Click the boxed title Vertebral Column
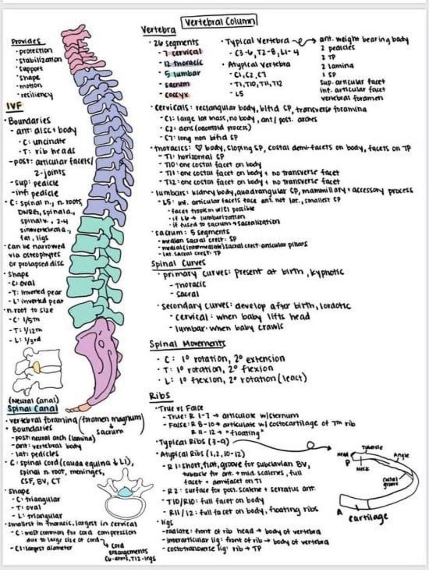[x=219, y=21]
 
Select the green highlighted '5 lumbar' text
[x=183, y=73]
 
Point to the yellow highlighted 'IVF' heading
[x=14, y=106]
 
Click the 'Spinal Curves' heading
[x=178, y=263]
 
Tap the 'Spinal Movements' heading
[x=187, y=344]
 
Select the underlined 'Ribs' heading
[x=160, y=396]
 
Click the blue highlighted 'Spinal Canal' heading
[x=33, y=409]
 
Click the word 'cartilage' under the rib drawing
[x=368, y=518]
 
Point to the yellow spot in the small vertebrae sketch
[x=36, y=367]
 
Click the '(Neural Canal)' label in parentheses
[x=33, y=400]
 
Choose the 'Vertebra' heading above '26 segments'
[x=158, y=30]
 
